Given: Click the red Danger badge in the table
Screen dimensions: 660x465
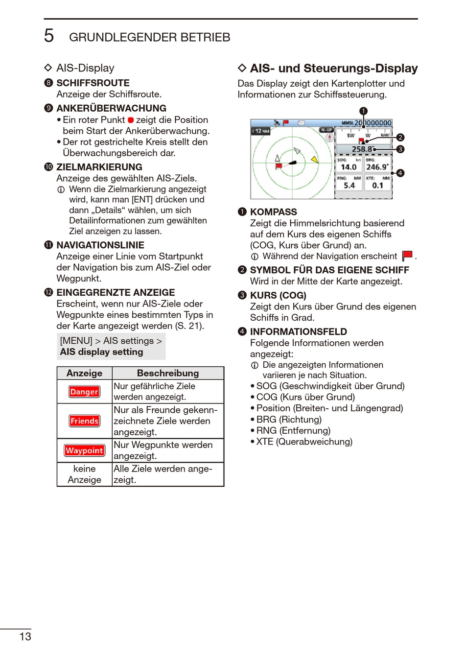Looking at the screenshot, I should tap(84, 392).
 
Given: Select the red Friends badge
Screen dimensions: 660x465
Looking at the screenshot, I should tap(84, 421).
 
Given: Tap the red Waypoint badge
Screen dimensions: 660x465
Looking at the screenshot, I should tap(84, 450).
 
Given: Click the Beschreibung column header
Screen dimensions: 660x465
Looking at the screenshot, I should tap(168, 373).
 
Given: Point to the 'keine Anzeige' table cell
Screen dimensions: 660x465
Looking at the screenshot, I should tap(84, 474).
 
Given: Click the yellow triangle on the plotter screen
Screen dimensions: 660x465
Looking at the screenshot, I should tap(315, 159).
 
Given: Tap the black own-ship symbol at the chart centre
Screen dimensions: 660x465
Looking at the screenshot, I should tap(293, 162).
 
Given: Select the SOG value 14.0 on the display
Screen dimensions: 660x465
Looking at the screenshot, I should tap(349, 167).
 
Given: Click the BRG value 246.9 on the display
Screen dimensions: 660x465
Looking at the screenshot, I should tap(377, 167).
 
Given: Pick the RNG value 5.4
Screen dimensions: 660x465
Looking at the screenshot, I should tap(349, 186).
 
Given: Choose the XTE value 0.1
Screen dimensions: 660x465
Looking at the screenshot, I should tap(377, 186).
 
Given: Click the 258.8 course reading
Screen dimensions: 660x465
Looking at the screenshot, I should tap(362, 149).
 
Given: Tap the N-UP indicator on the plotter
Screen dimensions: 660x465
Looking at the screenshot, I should tap(326, 130).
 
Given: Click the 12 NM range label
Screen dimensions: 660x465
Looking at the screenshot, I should tap(261, 131).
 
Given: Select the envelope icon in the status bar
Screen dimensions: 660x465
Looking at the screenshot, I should tap(302, 123).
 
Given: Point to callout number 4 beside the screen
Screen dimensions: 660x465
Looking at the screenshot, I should tap(400, 173).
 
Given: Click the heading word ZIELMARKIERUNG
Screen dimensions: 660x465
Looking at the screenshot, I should tap(99, 167).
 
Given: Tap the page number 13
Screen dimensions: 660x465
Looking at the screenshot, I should tap(25, 636).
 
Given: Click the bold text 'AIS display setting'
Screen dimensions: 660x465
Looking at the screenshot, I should tap(102, 352).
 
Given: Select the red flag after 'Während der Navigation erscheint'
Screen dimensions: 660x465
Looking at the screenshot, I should tap(407, 256).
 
